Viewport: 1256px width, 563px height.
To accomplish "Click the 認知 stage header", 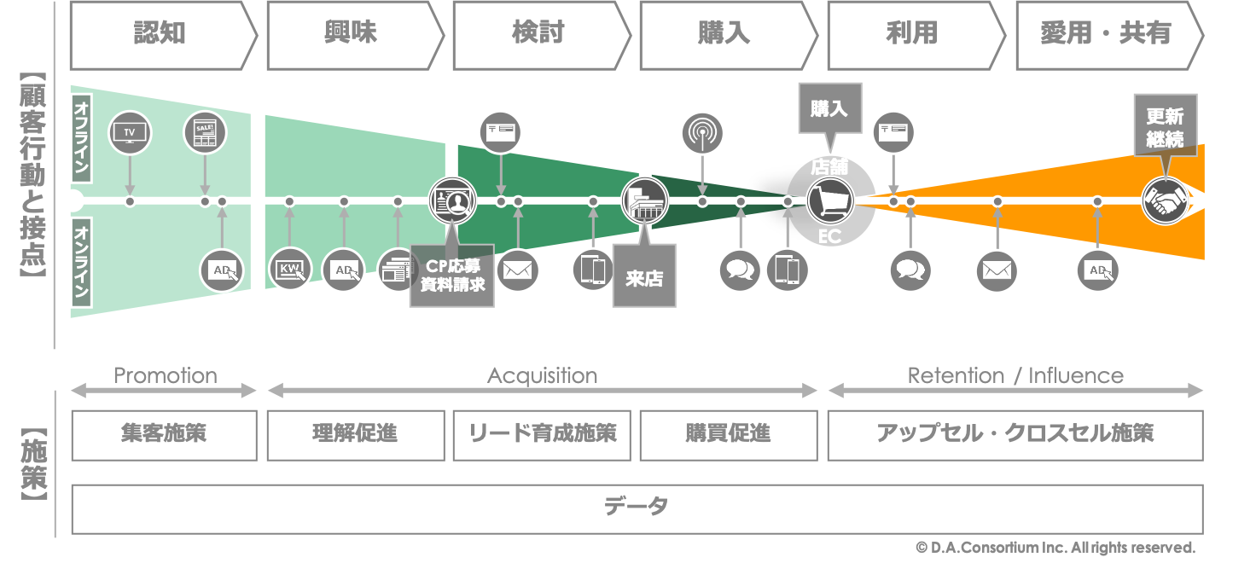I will (x=160, y=35).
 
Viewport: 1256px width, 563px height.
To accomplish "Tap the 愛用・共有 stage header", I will (x=1106, y=35).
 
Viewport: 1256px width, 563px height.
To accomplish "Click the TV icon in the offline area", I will (x=130, y=132).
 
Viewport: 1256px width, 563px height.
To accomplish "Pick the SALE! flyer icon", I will (x=205, y=132).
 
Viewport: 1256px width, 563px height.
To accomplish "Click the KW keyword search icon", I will (x=290, y=270).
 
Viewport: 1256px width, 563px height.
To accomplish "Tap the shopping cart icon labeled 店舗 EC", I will (x=829, y=201).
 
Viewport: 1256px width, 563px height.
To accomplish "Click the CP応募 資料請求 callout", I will (x=452, y=276).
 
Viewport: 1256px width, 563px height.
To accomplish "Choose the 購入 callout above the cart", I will (x=829, y=108).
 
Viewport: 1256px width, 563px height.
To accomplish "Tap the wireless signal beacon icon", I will (x=702, y=133).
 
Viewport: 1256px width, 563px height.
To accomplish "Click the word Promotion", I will (x=165, y=375).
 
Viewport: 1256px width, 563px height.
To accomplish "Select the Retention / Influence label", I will (x=1015, y=375).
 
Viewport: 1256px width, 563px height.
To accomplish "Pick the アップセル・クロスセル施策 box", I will (x=1015, y=433).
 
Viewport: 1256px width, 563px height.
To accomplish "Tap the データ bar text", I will (x=636, y=507).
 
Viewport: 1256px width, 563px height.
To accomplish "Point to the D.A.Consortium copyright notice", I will (x=1055, y=548).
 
